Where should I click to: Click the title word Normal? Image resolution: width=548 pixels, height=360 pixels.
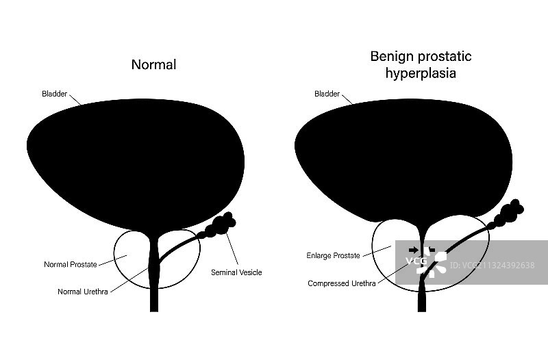[153, 65]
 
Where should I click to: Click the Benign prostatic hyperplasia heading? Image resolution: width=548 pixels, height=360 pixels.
[421, 64]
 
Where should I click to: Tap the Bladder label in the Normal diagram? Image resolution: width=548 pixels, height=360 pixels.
[54, 94]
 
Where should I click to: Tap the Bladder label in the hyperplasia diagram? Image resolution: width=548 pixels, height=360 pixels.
[327, 94]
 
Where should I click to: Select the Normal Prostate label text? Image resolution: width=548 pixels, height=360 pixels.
[71, 264]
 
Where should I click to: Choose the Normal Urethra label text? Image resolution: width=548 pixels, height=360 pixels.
[83, 291]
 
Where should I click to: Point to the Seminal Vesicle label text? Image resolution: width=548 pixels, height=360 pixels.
[237, 272]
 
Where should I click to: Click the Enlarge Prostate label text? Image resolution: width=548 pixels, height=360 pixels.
[333, 256]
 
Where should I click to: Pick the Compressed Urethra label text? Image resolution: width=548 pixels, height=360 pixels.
[341, 283]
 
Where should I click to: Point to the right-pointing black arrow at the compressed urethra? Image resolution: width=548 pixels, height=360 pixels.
[413, 249]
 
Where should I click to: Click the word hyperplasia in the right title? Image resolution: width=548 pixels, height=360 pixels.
[420, 72]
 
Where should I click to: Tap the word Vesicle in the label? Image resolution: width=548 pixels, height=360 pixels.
[250, 272]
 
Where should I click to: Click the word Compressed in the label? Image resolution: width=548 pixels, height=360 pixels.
[328, 283]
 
